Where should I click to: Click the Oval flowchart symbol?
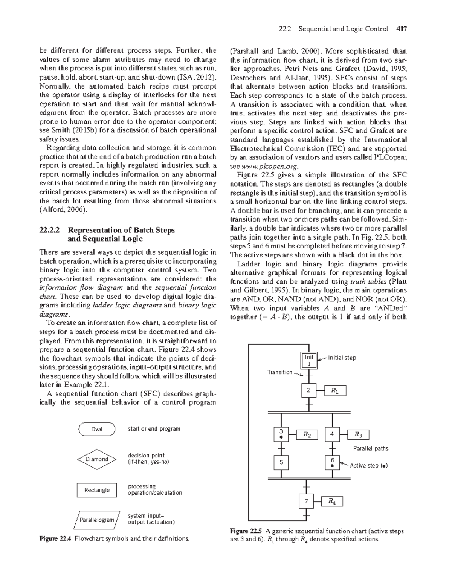coord(97,429)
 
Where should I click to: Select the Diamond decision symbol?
coord(97,459)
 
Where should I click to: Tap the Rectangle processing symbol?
coord(97,490)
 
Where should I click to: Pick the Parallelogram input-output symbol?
coord(97,520)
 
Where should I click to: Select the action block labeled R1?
coord(335,391)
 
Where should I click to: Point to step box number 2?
coord(309,391)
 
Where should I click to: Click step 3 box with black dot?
coord(281,434)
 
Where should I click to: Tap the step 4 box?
coord(332,434)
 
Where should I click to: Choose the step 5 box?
coord(281,463)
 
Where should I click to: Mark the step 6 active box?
coord(332,463)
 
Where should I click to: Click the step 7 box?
coord(307,501)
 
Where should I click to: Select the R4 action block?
coord(332,501)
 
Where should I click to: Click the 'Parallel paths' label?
coord(370,448)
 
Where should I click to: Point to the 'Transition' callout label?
coord(279,372)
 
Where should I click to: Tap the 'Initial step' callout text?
coord(342,358)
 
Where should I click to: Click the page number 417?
coord(401,29)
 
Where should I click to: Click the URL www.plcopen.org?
coord(270,166)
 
